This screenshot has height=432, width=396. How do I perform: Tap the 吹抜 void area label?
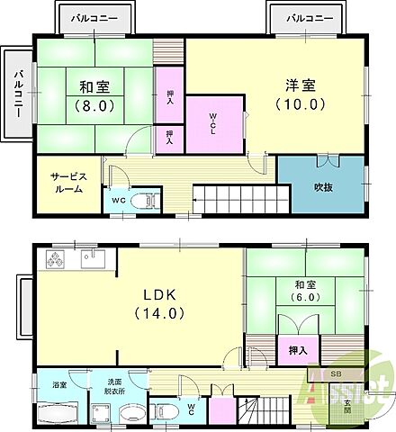tap(324, 187)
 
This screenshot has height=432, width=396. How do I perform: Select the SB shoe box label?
tap(336, 373)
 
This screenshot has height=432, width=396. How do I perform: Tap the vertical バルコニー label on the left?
tap(16, 93)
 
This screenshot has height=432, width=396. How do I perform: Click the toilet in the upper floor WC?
tap(141, 202)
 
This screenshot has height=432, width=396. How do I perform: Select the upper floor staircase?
tap(239, 198)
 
